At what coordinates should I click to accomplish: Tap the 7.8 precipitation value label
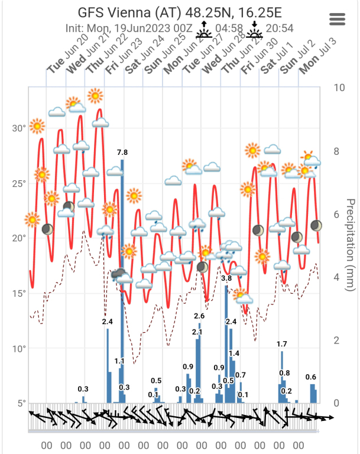[122, 153]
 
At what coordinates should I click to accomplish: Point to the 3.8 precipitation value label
[226, 278]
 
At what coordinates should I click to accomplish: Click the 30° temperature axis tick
[19, 128]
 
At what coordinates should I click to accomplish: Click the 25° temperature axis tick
[19, 183]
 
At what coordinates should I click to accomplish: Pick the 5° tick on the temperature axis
[21, 403]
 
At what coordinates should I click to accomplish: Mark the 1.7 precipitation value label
[282, 344]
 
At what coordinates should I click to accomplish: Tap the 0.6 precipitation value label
[311, 377]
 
